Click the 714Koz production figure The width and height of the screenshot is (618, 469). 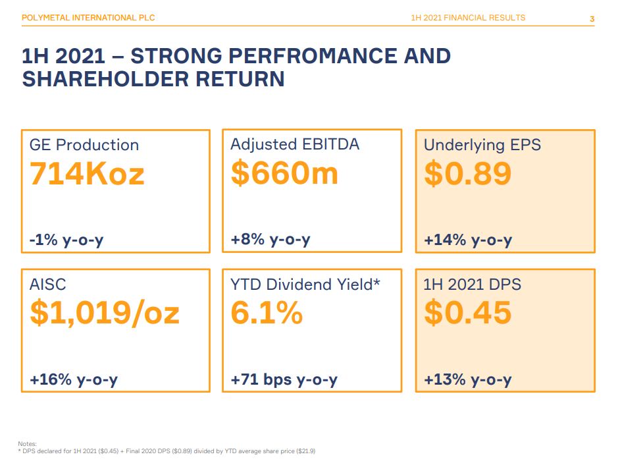[x=87, y=175]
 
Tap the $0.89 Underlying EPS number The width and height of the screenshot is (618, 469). [x=467, y=174]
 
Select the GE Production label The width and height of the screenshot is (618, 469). [x=84, y=145]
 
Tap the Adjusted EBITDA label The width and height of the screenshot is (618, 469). [x=295, y=144]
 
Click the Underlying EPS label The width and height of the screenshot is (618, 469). [x=482, y=145]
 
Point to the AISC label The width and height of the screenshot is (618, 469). [x=48, y=285]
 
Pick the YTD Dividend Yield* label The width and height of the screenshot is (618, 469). [x=305, y=285]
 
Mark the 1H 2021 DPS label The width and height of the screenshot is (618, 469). [x=472, y=285]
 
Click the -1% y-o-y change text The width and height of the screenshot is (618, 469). [x=66, y=240]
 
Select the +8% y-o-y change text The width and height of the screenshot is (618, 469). [x=270, y=240]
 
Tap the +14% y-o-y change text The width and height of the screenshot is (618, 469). [x=467, y=240]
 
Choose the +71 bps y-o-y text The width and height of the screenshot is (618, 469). [x=284, y=379]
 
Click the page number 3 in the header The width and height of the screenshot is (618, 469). [x=592, y=18]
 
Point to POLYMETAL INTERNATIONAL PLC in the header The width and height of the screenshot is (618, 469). [x=88, y=18]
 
